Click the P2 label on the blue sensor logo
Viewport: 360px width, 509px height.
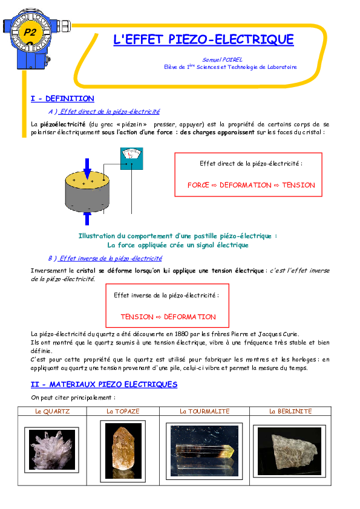click(30, 32)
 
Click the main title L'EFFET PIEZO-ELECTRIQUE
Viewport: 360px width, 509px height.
click(203, 40)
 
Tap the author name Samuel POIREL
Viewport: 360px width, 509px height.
click(222, 60)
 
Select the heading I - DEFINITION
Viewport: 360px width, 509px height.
click(62, 99)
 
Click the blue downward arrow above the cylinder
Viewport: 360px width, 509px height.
click(87, 169)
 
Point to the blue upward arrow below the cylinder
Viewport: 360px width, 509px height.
click(87, 218)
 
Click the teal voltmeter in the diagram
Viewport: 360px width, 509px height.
click(131, 159)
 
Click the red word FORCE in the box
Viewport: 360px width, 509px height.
click(198, 185)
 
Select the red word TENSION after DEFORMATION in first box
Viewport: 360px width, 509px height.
click(299, 185)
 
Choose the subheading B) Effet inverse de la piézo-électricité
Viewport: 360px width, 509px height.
click(105, 258)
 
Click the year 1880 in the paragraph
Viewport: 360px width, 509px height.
click(182, 334)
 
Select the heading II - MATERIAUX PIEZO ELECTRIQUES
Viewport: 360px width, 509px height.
click(104, 384)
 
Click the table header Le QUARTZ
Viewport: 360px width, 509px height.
click(52, 411)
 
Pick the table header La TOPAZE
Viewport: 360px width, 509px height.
click(123, 411)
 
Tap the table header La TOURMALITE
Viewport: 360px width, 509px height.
click(205, 411)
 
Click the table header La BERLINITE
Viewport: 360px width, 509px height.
click(290, 411)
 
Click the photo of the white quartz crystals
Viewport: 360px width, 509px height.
click(52, 450)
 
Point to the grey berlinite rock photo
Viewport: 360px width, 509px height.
click(289, 451)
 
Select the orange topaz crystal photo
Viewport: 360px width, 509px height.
click(123, 450)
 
